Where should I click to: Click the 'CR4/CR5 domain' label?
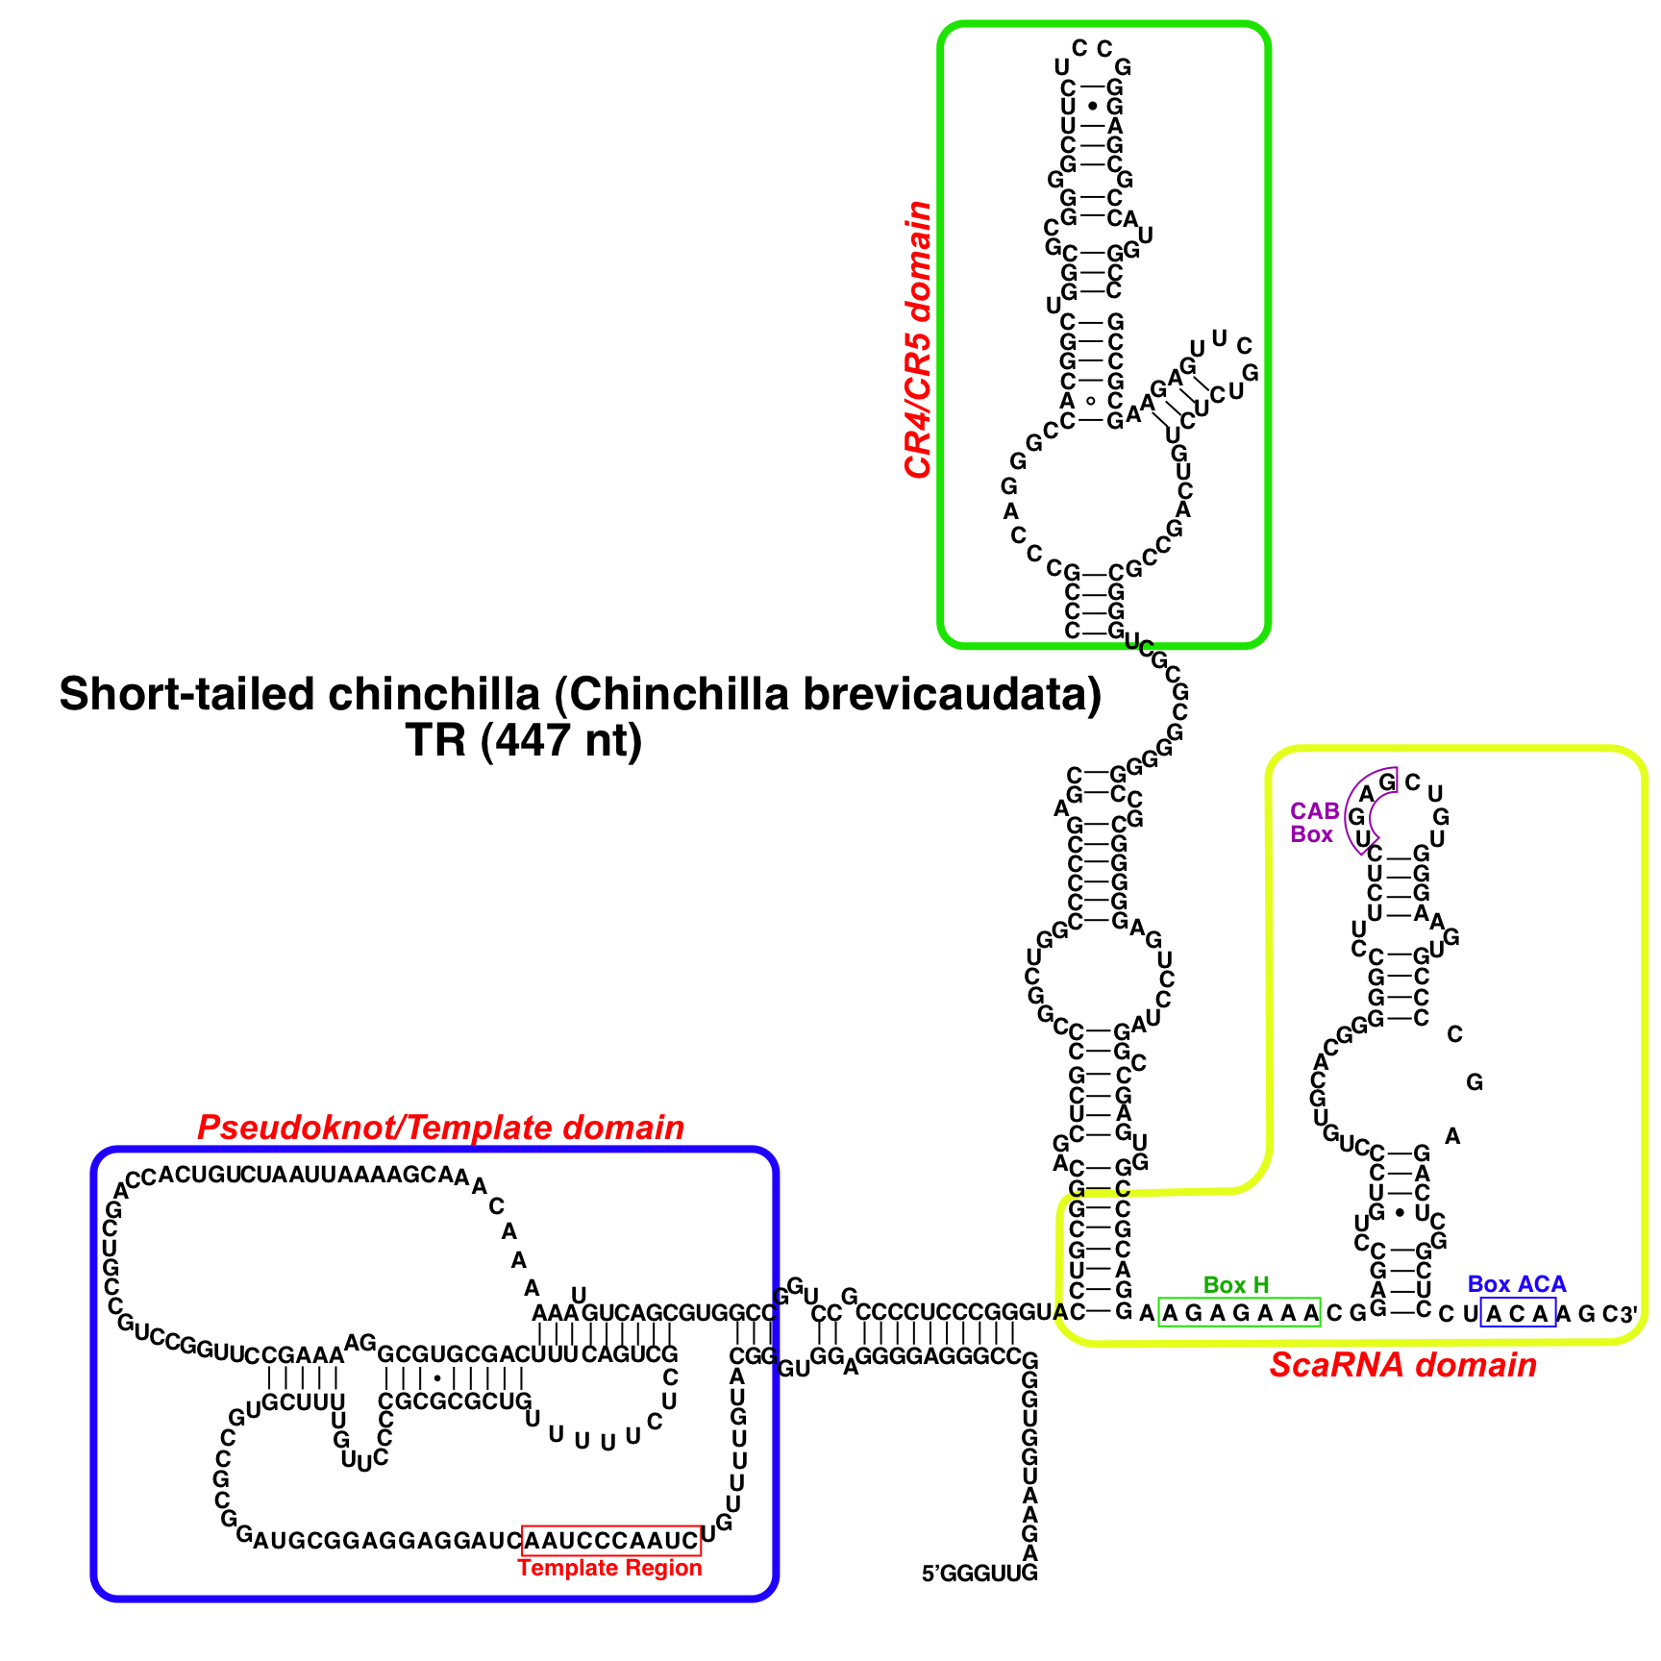tap(918, 339)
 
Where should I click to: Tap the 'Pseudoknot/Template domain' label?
tap(440, 1128)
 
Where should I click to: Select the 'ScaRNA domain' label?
tap(1402, 1365)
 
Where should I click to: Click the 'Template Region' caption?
tap(609, 1568)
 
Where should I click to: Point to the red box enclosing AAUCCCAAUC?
tap(611, 1541)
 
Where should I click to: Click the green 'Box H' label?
tap(1235, 1285)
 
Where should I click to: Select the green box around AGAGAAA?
tap(1239, 1313)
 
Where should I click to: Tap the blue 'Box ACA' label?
tap(1516, 1284)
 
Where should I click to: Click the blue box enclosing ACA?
tap(1517, 1313)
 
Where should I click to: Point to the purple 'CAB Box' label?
tap(1313, 823)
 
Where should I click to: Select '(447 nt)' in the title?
tap(561, 740)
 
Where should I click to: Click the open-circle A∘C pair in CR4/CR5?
tap(1090, 401)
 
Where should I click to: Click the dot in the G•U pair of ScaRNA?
tap(1399, 1213)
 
